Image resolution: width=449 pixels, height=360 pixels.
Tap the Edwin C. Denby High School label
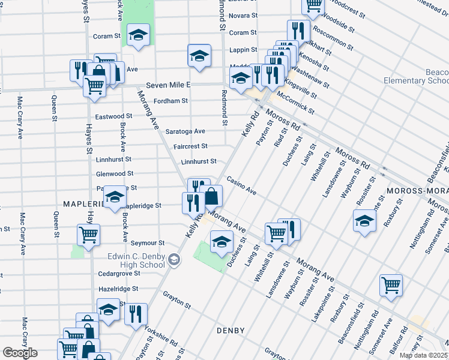click(x=136, y=260)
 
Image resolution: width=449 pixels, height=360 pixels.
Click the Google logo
click(x=20, y=353)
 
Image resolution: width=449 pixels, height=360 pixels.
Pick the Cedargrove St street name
click(x=119, y=273)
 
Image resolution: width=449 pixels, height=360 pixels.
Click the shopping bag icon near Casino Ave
click(x=211, y=196)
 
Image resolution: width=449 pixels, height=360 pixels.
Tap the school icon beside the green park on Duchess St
click(x=221, y=241)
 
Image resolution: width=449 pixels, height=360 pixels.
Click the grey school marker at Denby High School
click(x=174, y=260)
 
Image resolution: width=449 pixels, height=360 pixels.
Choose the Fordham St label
click(x=171, y=101)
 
